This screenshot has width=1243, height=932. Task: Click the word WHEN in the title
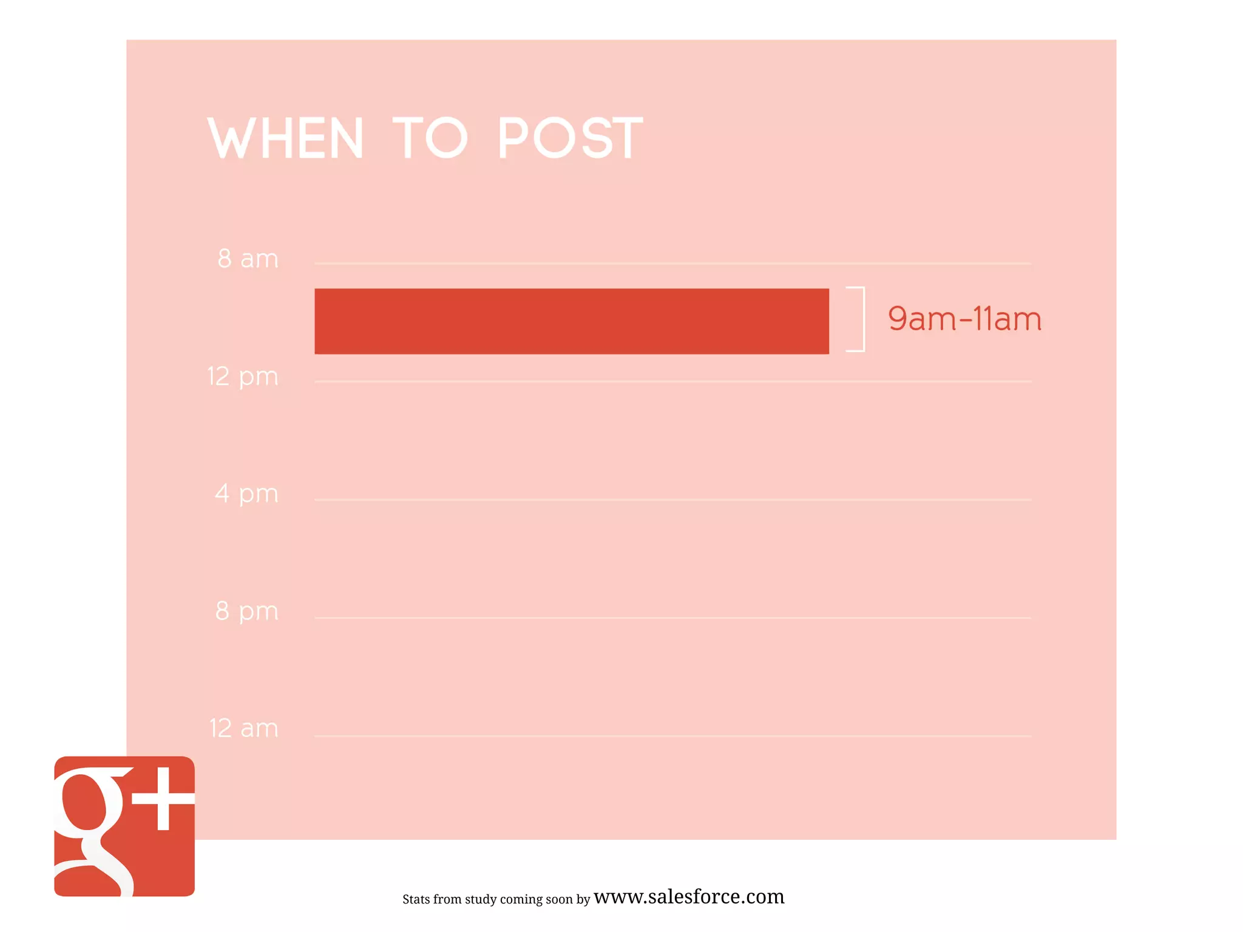(x=286, y=138)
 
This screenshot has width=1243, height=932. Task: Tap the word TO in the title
(x=430, y=138)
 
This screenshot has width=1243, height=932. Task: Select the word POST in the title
(x=570, y=138)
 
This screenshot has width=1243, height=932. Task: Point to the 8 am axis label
(x=248, y=259)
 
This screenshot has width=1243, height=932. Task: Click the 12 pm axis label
(x=243, y=377)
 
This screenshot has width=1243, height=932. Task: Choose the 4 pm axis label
(x=246, y=494)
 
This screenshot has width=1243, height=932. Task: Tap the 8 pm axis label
(x=246, y=611)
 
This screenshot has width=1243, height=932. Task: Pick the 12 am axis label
(x=243, y=728)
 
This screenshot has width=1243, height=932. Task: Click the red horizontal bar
(x=571, y=321)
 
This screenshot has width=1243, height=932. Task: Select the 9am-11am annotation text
(x=964, y=319)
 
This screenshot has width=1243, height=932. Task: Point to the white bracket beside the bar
(x=859, y=319)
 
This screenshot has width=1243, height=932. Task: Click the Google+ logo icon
(x=124, y=826)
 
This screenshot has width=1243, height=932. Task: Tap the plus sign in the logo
(x=163, y=799)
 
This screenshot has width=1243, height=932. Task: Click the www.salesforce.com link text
(x=689, y=896)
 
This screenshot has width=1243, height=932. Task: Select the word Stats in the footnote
(x=416, y=899)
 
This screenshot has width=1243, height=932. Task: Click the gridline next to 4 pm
(x=672, y=499)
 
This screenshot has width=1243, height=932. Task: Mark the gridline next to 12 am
(x=672, y=735)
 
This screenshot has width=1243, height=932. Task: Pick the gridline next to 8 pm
(x=672, y=618)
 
